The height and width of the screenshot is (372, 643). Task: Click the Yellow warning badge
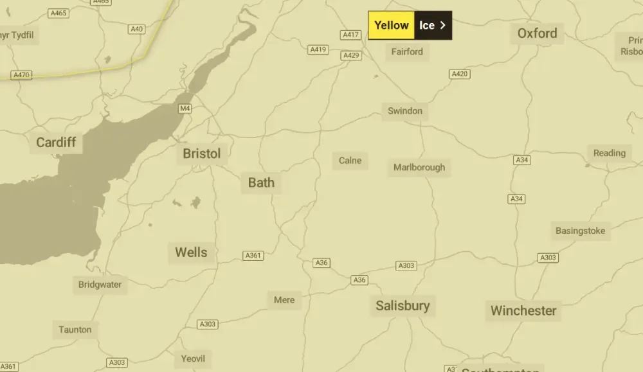[x=391, y=26]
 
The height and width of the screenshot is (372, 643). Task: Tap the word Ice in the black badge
[x=427, y=26]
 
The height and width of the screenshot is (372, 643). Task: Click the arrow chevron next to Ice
[x=443, y=26]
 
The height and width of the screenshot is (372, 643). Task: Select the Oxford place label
[x=537, y=33]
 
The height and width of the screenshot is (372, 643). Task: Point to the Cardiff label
[x=56, y=142]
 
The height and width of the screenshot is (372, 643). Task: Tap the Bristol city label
[x=201, y=154]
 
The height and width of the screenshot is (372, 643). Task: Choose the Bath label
[x=261, y=182]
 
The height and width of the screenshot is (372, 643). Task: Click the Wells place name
[x=191, y=252]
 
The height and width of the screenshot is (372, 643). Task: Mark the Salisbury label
[x=403, y=305]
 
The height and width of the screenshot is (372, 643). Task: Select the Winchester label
[x=523, y=311]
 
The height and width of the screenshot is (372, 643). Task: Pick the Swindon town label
[x=405, y=111]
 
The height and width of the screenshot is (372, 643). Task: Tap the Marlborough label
[x=419, y=167]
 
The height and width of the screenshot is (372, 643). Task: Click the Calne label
[x=350, y=160]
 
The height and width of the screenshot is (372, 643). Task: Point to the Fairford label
[x=407, y=51]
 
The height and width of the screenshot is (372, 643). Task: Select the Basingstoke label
[x=580, y=231]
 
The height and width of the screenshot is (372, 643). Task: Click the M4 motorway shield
[x=185, y=108]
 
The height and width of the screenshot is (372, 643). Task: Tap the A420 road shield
[x=460, y=75]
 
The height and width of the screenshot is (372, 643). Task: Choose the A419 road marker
[x=318, y=49]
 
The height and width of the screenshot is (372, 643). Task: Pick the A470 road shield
[x=21, y=75]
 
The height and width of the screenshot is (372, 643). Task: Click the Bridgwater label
[x=100, y=285]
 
